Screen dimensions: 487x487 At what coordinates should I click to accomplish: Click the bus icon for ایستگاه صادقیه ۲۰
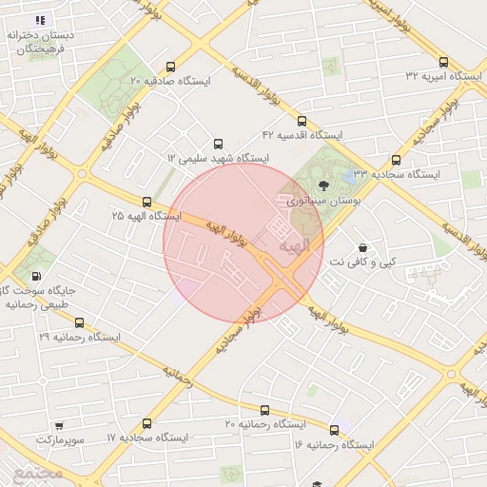[x=170, y=67]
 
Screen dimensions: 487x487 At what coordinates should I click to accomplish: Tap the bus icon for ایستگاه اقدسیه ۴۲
[x=302, y=121]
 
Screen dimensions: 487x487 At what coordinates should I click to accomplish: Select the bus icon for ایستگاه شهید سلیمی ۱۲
[x=219, y=143]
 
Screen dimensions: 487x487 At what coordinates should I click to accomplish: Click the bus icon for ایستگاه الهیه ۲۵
[x=146, y=202]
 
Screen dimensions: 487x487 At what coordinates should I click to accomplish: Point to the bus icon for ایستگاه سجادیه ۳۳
[x=397, y=161]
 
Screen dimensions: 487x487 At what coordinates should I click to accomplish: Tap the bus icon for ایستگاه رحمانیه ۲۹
[x=79, y=322]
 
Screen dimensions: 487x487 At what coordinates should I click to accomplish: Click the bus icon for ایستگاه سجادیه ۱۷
[x=146, y=423]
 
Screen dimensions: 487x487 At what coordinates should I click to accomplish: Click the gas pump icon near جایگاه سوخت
[x=36, y=276]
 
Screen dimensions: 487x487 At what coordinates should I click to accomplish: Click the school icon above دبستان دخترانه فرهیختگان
[x=39, y=20]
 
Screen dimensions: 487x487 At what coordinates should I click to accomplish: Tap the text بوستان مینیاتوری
[x=320, y=202]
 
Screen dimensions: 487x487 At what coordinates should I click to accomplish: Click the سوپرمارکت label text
[x=60, y=439]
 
